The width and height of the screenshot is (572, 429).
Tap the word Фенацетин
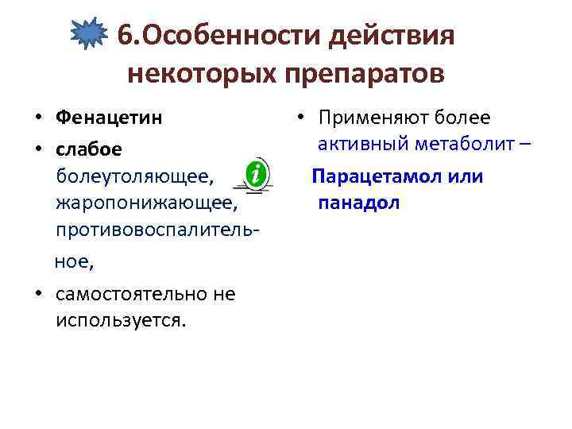[x=110, y=118]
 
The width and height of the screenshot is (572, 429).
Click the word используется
[x=119, y=320]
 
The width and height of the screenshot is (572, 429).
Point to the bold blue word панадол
[x=359, y=203]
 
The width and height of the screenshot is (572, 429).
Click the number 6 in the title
[x=126, y=36]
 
